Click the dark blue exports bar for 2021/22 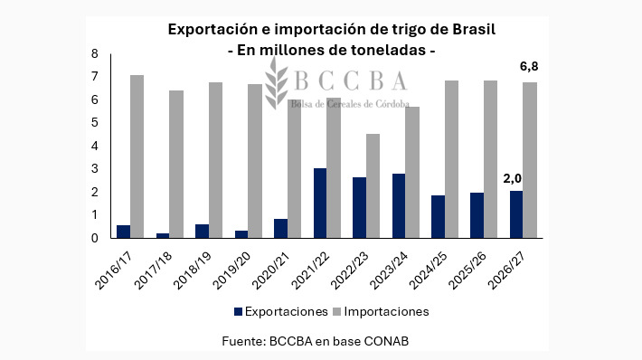pyautogui.click(x=320, y=204)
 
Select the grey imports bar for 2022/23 pyautogui.click(x=373, y=186)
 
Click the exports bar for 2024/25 pyautogui.click(x=438, y=217)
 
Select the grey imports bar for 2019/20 pyautogui.click(x=255, y=161)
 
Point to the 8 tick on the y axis pyautogui.click(x=94, y=53)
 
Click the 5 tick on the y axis pyautogui.click(x=94, y=123)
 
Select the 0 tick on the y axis pyautogui.click(x=94, y=239)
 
